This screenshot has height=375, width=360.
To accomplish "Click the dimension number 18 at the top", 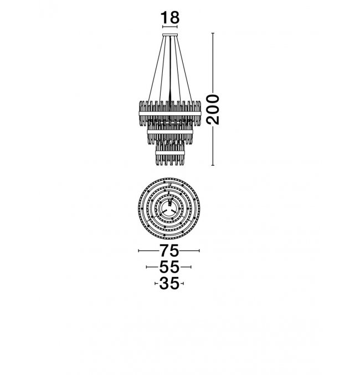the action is [x=169, y=18].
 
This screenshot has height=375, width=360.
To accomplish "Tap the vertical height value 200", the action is [x=213, y=109].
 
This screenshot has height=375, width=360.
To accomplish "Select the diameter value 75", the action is [x=169, y=250].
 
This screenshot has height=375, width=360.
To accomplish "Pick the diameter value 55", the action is [x=169, y=266].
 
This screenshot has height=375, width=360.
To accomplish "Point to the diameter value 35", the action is [x=169, y=284].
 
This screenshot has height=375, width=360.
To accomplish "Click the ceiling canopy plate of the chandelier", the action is [x=170, y=35].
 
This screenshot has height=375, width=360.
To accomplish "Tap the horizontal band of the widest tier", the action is [x=170, y=114].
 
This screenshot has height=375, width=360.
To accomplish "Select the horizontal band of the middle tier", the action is [x=170, y=132].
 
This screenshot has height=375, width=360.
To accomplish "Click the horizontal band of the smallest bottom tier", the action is [x=170, y=152].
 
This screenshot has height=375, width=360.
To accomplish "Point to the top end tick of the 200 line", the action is [x=213, y=33].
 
